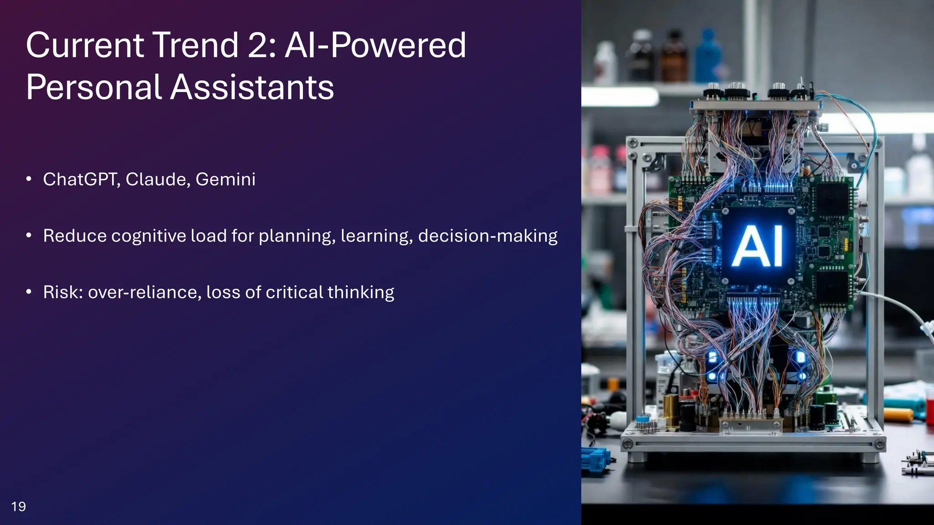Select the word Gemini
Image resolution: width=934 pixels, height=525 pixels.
pyautogui.click(x=225, y=180)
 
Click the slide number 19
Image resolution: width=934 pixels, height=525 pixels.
pyautogui.click(x=18, y=506)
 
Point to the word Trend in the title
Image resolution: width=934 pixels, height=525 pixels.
pyautogui.click(x=195, y=45)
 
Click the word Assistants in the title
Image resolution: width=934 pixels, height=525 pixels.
pyautogui.click(x=252, y=87)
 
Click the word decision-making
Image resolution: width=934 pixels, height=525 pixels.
pyautogui.click(x=488, y=236)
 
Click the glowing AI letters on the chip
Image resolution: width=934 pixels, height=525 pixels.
pyautogui.click(x=758, y=247)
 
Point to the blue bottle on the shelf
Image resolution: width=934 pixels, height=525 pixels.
pyautogui.click(x=708, y=57)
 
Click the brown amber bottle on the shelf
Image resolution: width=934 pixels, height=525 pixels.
pyautogui.click(x=674, y=57)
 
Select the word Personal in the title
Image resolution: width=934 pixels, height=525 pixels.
pyautogui.click(x=93, y=87)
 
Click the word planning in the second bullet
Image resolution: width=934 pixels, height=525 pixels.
pyautogui.click(x=297, y=236)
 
